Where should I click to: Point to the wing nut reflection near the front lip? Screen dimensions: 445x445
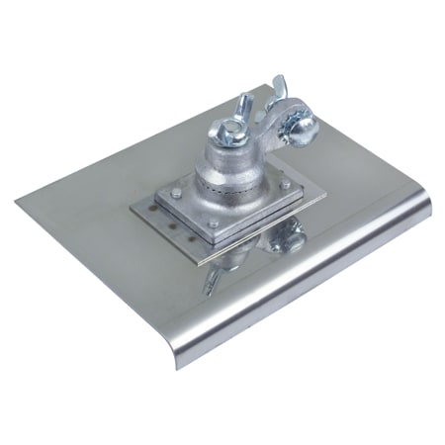(x=217, y=284)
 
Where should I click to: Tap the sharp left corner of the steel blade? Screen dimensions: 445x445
(x=18, y=205)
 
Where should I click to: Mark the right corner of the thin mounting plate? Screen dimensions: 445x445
(x=327, y=184)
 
